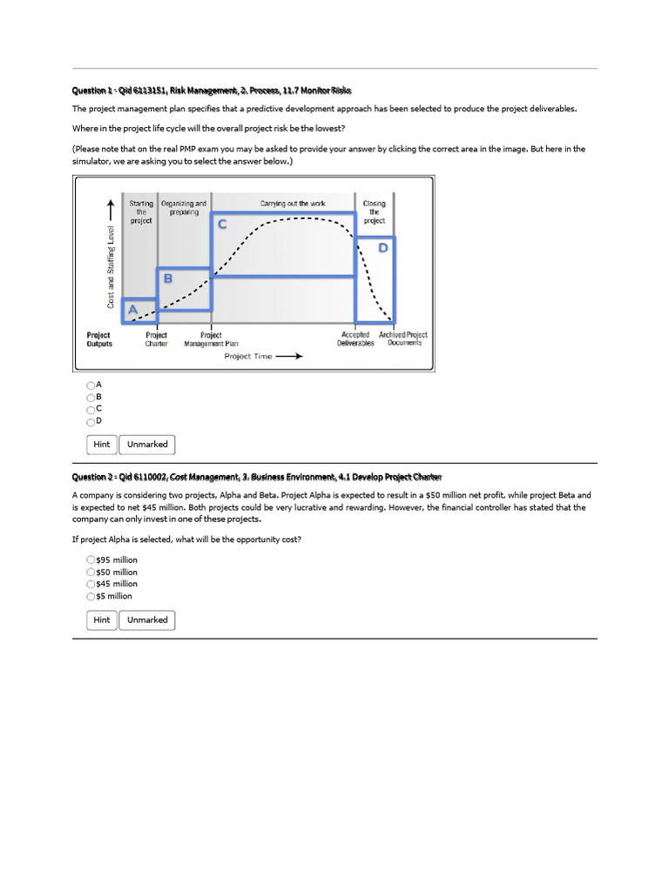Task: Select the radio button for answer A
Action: pos(91,385)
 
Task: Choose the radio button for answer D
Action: pos(91,420)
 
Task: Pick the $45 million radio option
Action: pos(91,584)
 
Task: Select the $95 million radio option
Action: pos(91,559)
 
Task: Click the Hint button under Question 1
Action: pos(102,445)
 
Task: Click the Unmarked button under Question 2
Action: pos(147,620)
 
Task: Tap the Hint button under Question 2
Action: pos(102,620)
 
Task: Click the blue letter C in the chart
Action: pos(222,224)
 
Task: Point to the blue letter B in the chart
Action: pos(168,279)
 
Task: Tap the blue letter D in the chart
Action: pos(383,248)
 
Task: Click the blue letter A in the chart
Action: pos(132,310)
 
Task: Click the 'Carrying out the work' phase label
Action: pos(293,204)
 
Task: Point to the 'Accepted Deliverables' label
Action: pos(355,338)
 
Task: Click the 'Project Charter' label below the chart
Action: pos(157,338)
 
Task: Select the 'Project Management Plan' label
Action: pos(211,338)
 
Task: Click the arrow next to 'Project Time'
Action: pos(290,356)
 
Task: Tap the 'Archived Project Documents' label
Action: pos(403,338)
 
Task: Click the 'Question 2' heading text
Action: pos(256,476)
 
